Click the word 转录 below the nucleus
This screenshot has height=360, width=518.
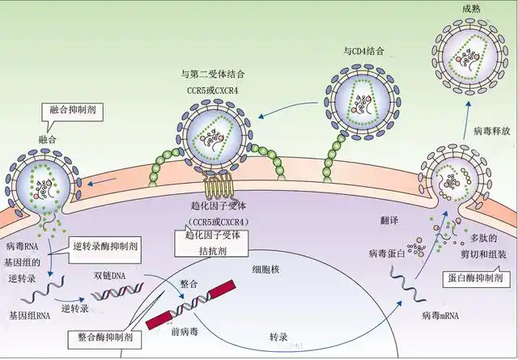(x=278, y=333)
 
